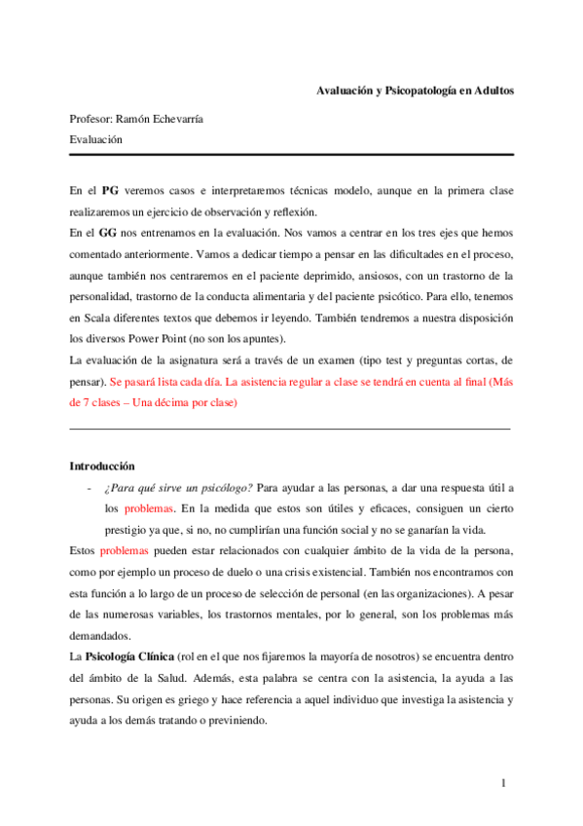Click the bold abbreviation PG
point(111,189)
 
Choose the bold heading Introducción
point(102,466)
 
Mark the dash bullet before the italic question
point(89,487)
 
